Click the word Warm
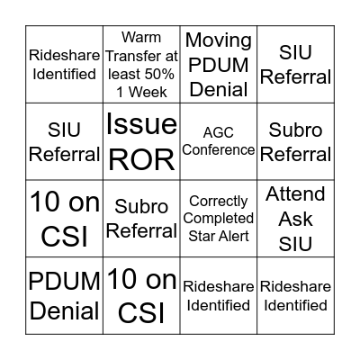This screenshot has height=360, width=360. tap(140, 38)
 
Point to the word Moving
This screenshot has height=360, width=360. tap(218, 40)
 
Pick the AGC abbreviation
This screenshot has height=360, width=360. tap(218, 131)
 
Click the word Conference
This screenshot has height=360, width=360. tap(218, 148)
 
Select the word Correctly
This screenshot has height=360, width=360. tap(218, 201)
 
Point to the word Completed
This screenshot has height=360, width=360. tap(218, 219)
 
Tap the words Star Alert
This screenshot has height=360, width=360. tap(218, 236)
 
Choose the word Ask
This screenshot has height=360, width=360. tap(295, 219)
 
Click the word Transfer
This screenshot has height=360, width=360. tap(140, 56)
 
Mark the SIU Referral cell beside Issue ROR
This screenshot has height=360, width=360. tap(64, 140)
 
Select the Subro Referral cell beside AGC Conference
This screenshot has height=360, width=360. tap(295, 140)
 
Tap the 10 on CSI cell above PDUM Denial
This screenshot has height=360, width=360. tap(64, 219)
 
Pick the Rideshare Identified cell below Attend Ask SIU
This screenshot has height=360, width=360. tap(295, 296)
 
